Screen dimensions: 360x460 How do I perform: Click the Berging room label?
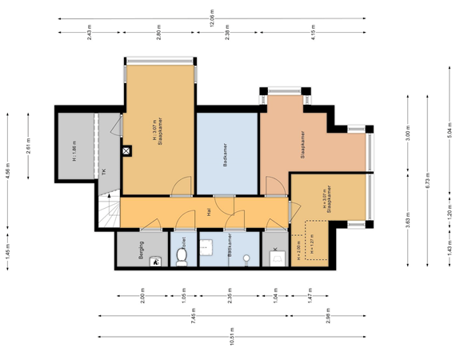tap(141, 246)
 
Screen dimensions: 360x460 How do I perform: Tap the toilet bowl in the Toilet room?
tap(182, 256)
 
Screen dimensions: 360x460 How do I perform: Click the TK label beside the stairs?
tap(103, 171)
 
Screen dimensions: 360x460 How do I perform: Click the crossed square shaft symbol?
tap(126, 150)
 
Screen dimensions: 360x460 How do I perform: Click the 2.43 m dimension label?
tap(90, 32)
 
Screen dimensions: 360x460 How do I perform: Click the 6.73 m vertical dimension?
tap(427, 181)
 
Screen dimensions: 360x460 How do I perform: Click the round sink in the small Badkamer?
tap(246, 258)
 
